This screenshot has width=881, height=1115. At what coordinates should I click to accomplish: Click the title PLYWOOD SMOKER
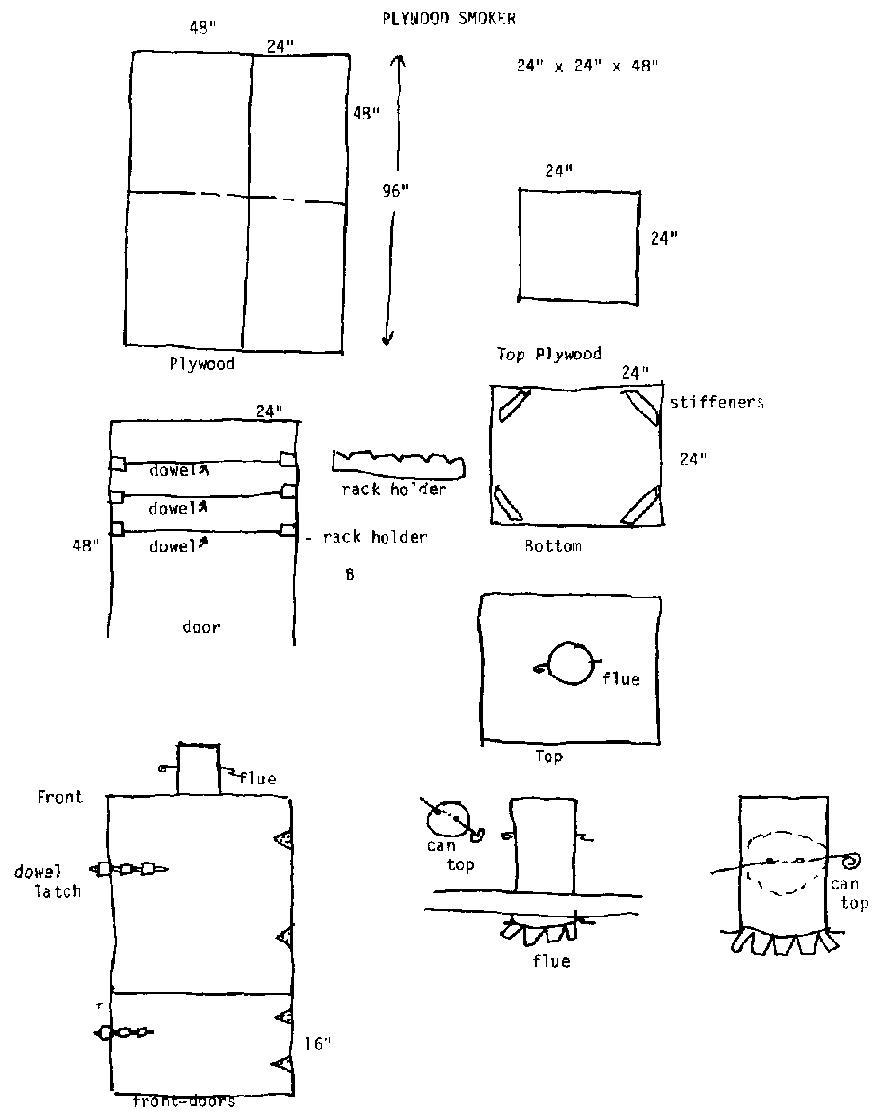pyautogui.click(x=448, y=17)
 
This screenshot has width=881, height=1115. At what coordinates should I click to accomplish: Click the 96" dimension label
pyautogui.click(x=394, y=191)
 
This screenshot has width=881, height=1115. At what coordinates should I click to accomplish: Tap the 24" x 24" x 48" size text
pyautogui.click(x=587, y=66)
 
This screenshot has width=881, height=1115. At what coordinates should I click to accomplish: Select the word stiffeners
pyautogui.click(x=717, y=402)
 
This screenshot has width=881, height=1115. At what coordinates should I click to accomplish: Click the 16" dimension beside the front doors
pyautogui.click(x=318, y=1043)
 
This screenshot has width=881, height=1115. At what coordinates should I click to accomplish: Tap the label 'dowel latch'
pyautogui.click(x=48, y=881)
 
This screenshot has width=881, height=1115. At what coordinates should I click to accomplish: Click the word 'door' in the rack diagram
pyautogui.click(x=201, y=626)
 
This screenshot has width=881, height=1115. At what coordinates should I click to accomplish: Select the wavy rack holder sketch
pyautogui.click(x=398, y=463)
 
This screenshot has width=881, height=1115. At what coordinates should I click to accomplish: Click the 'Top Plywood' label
pyautogui.click(x=548, y=354)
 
